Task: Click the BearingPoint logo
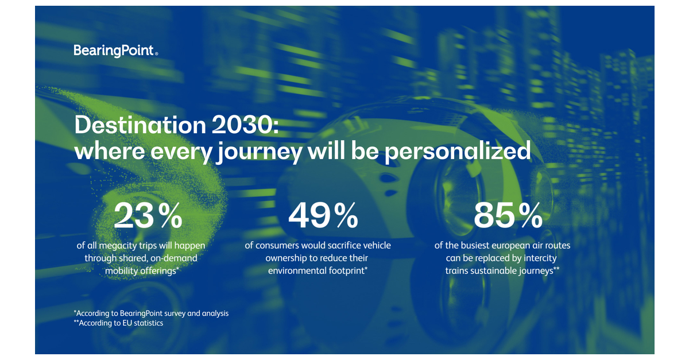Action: tap(115, 51)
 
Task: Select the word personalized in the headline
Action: tap(457, 151)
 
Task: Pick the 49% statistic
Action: tap(323, 215)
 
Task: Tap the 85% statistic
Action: tap(508, 215)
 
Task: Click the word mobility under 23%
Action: tap(124, 271)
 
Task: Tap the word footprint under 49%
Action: tap(346, 271)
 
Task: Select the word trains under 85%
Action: tap(458, 271)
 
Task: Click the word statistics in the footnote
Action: tap(148, 323)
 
